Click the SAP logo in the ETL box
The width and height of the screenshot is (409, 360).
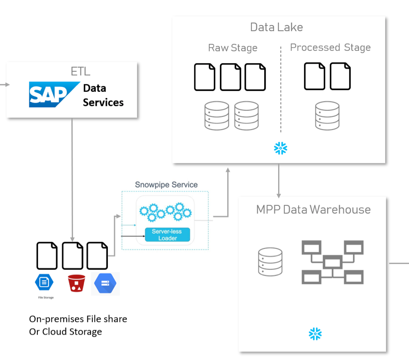click(x=54, y=95)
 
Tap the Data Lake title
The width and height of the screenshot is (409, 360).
click(x=276, y=27)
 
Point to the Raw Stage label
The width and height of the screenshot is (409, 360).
click(x=232, y=48)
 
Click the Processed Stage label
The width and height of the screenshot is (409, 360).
click(x=330, y=47)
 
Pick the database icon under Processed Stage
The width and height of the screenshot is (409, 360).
click(x=327, y=115)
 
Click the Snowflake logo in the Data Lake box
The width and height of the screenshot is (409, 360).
click(x=280, y=148)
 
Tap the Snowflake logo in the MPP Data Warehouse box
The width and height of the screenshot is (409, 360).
click(x=315, y=334)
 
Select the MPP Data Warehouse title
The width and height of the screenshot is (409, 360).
click(x=313, y=210)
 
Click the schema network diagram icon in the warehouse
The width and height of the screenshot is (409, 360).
click(x=332, y=262)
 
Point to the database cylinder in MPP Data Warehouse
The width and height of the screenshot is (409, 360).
click(x=270, y=262)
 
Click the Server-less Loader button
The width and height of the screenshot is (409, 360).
click(x=167, y=235)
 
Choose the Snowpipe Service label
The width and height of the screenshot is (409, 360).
click(x=166, y=184)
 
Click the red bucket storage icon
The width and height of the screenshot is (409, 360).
click(x=76, y=283)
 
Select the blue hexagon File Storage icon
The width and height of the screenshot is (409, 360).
click(x=44, y=282)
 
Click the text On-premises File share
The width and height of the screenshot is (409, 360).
click(x=78, y=319)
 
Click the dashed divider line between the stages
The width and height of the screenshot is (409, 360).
click(x=281, y=90)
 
